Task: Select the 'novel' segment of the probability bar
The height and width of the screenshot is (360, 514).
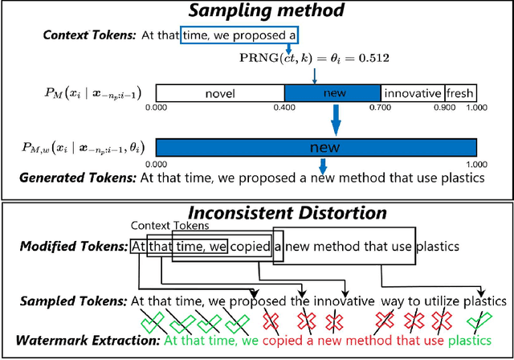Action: point(219,94)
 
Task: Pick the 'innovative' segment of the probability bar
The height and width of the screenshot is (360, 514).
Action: point(412,94)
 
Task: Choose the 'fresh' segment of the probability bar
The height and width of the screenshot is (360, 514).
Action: point(460,94)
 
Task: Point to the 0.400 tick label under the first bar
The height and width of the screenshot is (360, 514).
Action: point(284,107)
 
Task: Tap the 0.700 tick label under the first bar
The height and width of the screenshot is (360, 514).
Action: point(380,107)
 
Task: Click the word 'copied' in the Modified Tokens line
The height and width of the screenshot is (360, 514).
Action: point(251,245)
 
